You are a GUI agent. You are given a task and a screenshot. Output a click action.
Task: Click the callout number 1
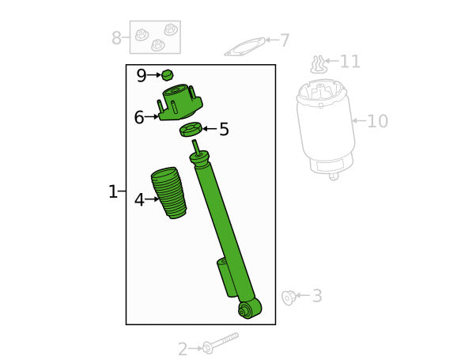click(112, 191)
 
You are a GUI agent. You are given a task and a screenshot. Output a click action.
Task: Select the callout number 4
click(139, 200)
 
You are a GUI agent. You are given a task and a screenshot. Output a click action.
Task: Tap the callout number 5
click(224, 129)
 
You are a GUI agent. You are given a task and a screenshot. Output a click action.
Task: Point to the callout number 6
click(139, 117)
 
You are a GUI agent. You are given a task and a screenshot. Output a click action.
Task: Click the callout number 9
click(142, 76)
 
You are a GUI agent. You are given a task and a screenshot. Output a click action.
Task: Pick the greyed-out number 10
click(378, 121)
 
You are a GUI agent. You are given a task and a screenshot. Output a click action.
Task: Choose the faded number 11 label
click(350, 62)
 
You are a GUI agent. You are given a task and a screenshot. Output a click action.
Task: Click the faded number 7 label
click(285, 40)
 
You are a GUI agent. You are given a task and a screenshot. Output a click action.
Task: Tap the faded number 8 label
click(116, 38)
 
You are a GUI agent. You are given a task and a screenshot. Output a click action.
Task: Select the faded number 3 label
click(317, 296)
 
